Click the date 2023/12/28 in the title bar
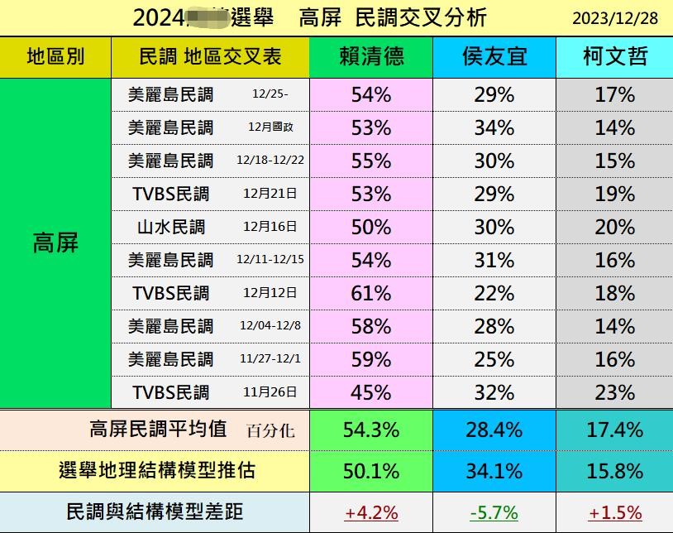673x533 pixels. [x=614, y=18]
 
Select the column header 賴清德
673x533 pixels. [x=371, y=56]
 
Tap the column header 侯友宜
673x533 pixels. [x=494, y=56]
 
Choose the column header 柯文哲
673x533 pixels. [x=614, y=56]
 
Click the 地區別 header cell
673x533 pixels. [x=55, y=56]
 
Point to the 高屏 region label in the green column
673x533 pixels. [x=55, y=242]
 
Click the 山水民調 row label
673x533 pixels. [x=171, y=227]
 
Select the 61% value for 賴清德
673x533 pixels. [x=371, y=293]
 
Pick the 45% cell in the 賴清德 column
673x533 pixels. [x=371, y=392]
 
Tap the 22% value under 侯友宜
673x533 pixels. [x=494, y=293]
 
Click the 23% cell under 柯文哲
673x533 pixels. [x=614, y=392]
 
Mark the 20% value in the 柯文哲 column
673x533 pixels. [x=614, y=227]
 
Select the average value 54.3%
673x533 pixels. [x=371, y=430]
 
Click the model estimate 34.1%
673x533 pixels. [x=494, y=471]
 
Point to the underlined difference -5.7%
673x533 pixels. [x=494, y=513]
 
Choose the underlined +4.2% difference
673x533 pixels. [x=371, y=513]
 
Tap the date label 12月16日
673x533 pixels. [x=270, y=227]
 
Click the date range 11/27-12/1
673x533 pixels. [x=270, y=359]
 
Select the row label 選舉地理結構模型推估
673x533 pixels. [x=157, y=471]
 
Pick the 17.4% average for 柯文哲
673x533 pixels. [x=614, y=430]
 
